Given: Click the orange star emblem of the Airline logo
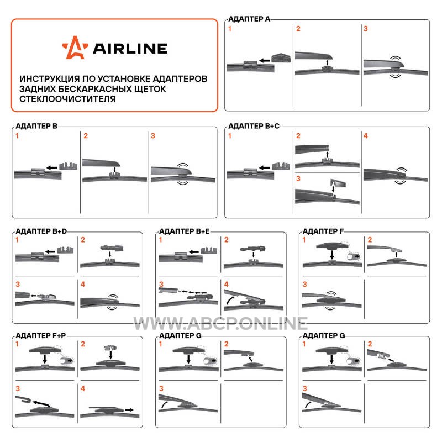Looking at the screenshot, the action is click(75, 48).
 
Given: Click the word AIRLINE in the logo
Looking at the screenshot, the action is click(130, 49).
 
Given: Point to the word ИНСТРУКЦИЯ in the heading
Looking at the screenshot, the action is click(50, 78).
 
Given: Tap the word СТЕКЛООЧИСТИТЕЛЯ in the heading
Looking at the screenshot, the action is click(67, 99).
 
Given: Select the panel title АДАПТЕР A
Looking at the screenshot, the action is click(249, 19).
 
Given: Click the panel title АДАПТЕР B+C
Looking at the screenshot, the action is click(254, 126).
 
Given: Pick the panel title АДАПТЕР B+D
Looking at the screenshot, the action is click(41, 231).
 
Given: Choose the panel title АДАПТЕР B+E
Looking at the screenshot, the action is click(185, 231).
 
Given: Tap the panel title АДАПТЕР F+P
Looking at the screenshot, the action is click(40, 336).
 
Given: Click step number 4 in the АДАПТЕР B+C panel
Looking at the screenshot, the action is click(366, 136).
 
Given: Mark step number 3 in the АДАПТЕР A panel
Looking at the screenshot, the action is click(366, 29).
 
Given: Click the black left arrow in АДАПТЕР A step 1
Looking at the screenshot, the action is click(265, 60).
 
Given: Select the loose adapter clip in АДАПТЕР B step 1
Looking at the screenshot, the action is click(68, 166).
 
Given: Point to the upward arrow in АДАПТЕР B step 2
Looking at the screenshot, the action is click(115, 170).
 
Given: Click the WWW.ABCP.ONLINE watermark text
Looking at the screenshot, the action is click(220, 323).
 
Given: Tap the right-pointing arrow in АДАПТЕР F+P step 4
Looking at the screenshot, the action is click(129, 409).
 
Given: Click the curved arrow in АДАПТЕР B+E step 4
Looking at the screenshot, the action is click(230, 299).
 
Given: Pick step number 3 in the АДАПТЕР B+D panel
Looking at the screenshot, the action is click(18, 284).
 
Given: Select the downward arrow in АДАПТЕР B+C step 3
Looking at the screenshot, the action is click(333, 188).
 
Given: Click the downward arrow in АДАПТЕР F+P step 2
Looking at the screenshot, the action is click(111, 355).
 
